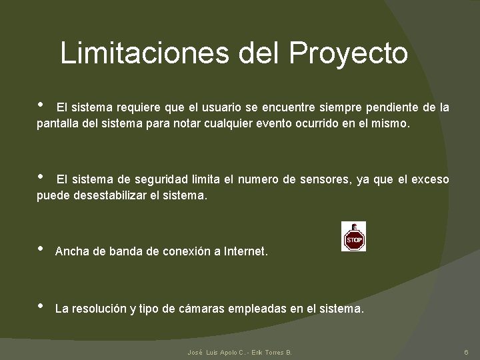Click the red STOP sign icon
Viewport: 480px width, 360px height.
(x=353, y=237)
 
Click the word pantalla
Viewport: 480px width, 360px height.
(x=59, y=124)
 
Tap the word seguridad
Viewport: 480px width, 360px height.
(x=162, y=179)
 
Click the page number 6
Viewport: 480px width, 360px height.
(x=466, y=351)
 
